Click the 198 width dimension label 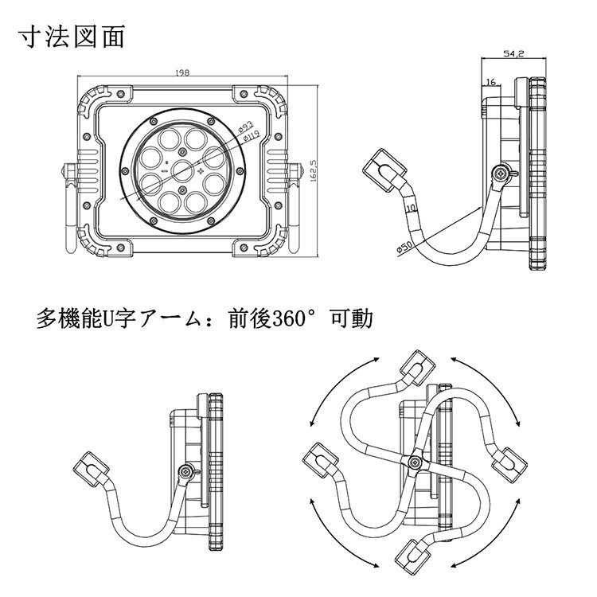183,73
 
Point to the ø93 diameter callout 246,126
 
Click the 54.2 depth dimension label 513,54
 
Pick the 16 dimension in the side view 490,82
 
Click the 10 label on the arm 410,209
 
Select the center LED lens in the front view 182,170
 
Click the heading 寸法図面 72,37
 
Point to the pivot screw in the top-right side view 500,173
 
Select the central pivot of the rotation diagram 412,462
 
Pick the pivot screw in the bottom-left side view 186,473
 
